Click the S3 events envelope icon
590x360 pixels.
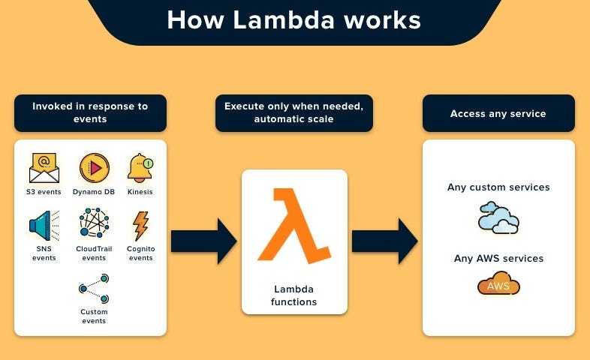[x=44, y=168]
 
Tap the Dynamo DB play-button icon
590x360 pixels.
[x=95, y=168]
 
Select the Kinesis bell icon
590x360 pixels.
[x=139, y=167]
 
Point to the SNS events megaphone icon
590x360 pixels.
[x=41, y=225]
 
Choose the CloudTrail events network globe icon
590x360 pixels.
[x=94, y=224]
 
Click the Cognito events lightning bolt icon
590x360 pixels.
[x=140, y=225]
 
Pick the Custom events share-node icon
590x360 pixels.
[x=94, y=288]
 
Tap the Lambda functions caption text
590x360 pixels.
[x=293, y=295]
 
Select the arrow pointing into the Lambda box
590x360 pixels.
[x=203, y=241]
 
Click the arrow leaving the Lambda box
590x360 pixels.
[x=384, y=241]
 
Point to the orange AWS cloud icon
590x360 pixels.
[x=498, y=284]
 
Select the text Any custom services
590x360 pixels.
[x=498, y=187]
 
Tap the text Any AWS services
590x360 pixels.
[x=498, y=258]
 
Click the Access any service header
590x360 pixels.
[x=498, y=113]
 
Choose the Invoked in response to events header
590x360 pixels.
[x=90, y=112]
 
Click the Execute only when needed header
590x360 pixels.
[x=293, y=112]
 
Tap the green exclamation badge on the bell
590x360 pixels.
[x=148, y=163]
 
